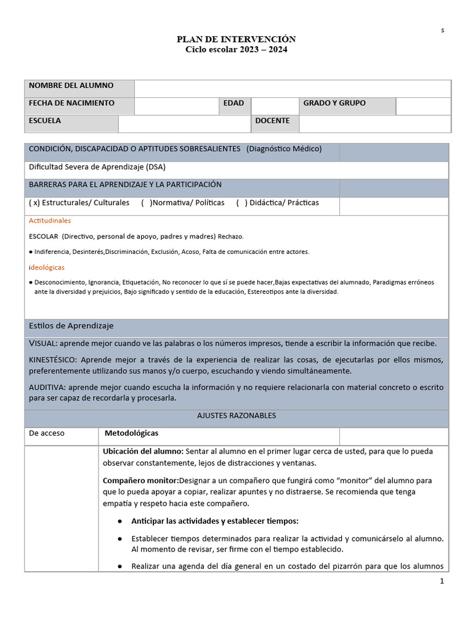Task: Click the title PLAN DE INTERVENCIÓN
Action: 236,39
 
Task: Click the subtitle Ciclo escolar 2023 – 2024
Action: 236,49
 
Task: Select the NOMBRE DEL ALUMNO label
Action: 71,85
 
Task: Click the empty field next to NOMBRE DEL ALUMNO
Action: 292,89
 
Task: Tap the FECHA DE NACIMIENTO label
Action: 71,103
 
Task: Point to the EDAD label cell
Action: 234,103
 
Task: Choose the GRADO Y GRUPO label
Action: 334,103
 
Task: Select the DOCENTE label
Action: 272,121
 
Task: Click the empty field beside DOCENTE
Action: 374,124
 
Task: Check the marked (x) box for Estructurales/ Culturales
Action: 34,203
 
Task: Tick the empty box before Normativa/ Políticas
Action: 146,203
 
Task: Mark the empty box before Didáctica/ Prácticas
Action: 241,203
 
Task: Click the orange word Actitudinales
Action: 50,221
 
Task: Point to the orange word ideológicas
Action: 47,267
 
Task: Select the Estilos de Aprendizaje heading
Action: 71,325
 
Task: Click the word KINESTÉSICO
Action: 53,359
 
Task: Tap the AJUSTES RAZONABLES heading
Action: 236,415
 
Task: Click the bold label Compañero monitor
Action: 140,480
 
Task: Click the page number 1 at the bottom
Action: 442,581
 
